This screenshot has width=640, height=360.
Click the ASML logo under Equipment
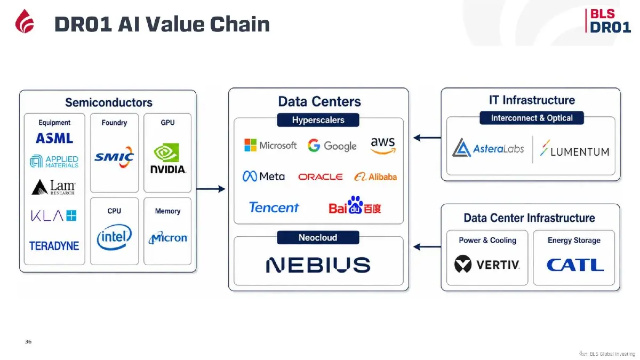point(54,138)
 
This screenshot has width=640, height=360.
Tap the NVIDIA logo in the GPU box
point(168,158)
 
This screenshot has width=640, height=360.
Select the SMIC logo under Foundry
point(114,157)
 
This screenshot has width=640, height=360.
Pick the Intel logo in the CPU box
point(114,237)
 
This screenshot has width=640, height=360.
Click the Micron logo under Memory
point(167,238)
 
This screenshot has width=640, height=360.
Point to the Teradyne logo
point(54,246)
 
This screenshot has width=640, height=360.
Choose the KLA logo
point(54,215)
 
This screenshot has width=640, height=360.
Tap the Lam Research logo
point(53,187)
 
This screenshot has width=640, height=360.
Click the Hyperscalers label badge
point(318,120)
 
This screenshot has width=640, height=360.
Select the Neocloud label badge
point(318,237)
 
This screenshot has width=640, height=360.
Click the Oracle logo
point(321,177)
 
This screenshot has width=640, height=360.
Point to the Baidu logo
point(355,205)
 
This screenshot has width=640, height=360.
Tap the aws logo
point(383,146)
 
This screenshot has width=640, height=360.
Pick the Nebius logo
point(318,265)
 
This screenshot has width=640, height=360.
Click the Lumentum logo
point(574,148)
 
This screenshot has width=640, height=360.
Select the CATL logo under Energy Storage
point(575,265)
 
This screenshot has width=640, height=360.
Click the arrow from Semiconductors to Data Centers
point(211,189)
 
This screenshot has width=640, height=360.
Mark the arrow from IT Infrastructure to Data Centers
point(427,138)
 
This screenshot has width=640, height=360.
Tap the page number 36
point(28,341)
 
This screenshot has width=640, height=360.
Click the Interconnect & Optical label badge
point(532,118)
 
